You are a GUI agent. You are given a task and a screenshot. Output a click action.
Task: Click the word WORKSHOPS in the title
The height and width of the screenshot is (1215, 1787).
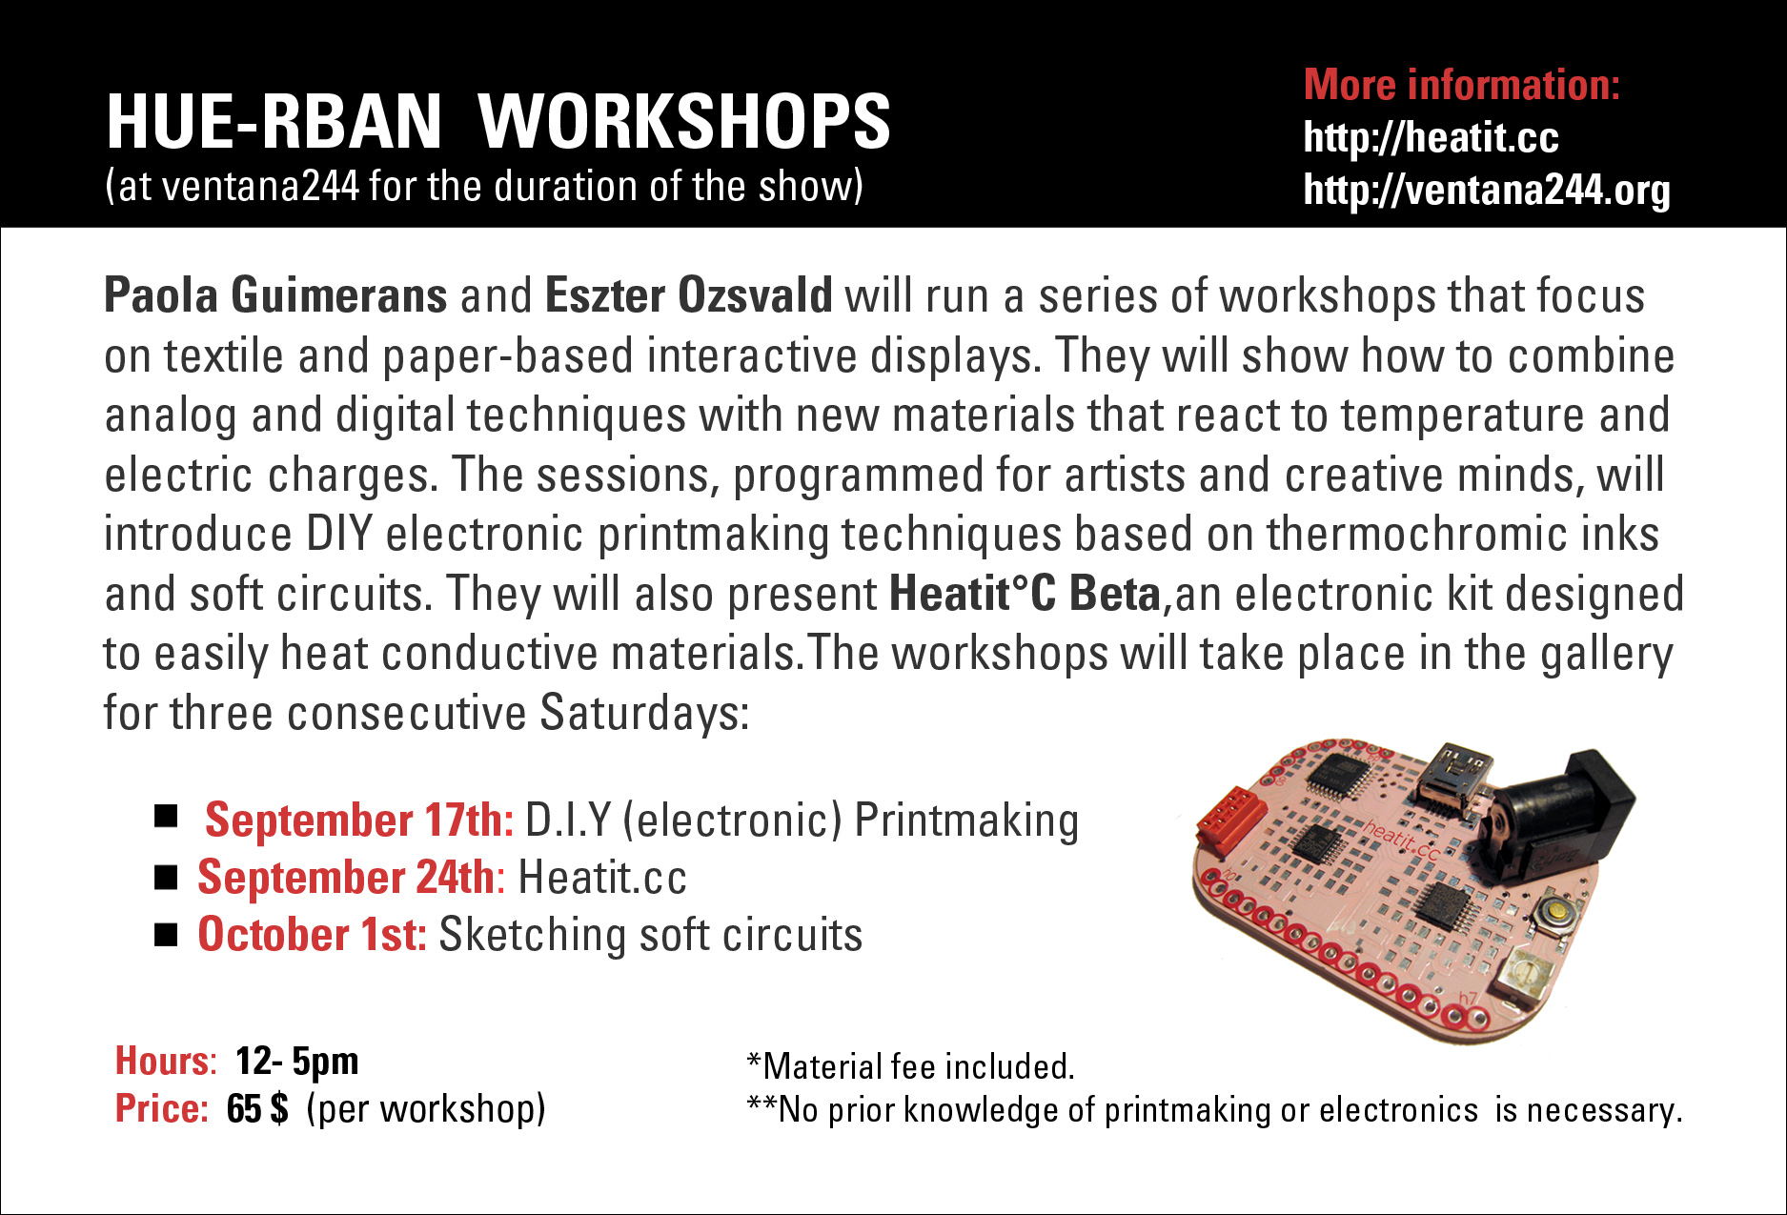tap(684, 122)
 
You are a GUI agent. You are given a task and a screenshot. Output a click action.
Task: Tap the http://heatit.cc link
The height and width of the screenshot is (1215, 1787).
tap(1431, 138)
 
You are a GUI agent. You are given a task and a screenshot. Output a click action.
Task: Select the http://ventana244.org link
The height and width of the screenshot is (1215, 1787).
tap(1487, 191)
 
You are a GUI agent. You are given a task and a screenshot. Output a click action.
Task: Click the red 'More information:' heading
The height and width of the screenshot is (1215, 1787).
tap(1462, 85)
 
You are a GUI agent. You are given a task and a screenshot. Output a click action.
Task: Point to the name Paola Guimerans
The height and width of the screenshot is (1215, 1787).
tap(275, 296)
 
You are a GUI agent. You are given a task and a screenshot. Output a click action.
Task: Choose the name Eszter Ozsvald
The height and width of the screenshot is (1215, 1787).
tap(689, 295)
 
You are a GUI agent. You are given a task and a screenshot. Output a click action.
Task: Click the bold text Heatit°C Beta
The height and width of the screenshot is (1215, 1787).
tap(1025, 594)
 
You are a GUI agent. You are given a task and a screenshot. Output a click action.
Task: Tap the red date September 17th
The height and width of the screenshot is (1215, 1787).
tap(359, 820)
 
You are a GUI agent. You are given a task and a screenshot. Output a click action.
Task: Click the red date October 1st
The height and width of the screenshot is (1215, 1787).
tap(312, 935)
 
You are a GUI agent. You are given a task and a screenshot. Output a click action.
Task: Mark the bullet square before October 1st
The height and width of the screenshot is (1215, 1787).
tap(166, 935)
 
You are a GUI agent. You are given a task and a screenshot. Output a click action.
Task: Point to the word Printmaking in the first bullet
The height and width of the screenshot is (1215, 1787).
tap(966, 821)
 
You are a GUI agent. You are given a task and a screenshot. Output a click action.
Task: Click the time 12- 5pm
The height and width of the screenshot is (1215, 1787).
tap(296, 1061)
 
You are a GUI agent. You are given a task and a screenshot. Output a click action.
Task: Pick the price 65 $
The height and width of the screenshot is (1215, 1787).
tap(257, 1108)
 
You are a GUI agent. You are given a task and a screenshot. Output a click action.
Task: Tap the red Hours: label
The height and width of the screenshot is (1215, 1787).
tap(166, 1061)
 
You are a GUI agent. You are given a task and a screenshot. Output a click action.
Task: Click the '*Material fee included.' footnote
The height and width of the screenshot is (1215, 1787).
tap(911, 1066)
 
